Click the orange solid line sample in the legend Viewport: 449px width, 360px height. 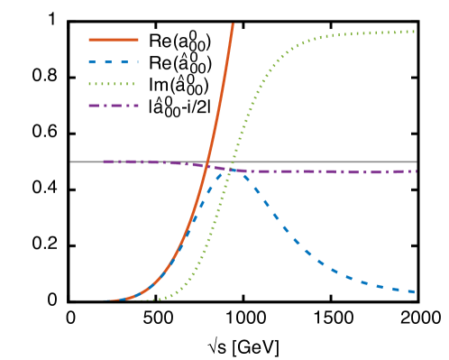tap(114, 40)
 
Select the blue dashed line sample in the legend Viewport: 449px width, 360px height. tap(114, 62)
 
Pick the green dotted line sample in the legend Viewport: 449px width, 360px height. tap(112, 84)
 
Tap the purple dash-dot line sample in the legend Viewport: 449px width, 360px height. tap(114, 106)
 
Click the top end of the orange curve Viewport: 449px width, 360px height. tap(233, 25)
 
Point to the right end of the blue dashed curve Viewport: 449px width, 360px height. tap(414, 291)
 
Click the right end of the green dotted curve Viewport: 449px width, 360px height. tap(414, 32)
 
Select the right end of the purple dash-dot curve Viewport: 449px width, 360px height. tap(415, 171)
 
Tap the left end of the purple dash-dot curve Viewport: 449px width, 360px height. tap(104, 162)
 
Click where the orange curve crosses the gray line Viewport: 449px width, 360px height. tap(208, 162)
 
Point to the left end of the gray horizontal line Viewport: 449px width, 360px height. tap(71, 162)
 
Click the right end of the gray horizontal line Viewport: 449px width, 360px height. tap(416, 162)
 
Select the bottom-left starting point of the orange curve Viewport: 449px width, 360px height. tap(104, 300)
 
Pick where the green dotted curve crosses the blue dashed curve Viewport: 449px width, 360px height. tap(228, 174)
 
